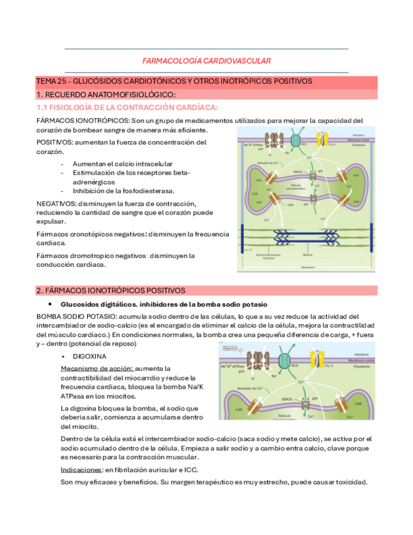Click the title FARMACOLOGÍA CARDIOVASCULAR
pyautogui.click(x=206, y=61)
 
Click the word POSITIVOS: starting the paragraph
pyautogui.click(x=54, y=143)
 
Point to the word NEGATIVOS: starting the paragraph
pyautogui.click(x=55, y=203)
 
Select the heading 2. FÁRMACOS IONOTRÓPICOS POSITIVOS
pyautogui.click(x=111, y=290)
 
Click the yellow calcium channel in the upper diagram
pyautogui.click(x=332, y=142)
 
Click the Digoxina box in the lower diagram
pyautogui.click(x=230, y=348)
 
